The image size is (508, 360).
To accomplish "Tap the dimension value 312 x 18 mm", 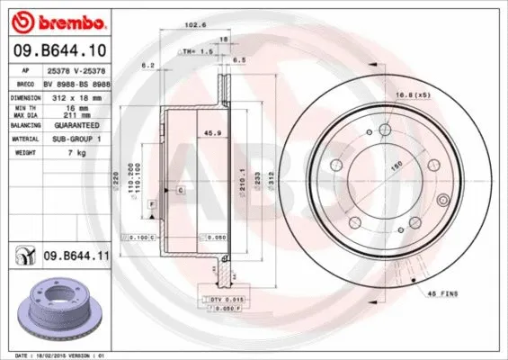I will coord(76,96).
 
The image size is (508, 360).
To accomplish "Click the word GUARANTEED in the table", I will coord(76,126).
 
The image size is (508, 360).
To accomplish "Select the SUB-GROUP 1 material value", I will coord(76,139).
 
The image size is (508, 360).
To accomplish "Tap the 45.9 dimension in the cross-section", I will coord(189,134).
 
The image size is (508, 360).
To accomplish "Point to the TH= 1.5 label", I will coord(194,51).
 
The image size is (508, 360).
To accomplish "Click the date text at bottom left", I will coord(56,355).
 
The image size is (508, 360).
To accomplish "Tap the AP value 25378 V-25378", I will coord(76,68).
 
